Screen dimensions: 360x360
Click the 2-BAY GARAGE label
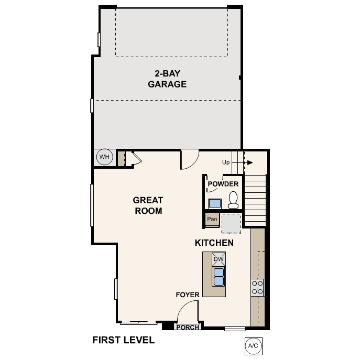click(167, 79)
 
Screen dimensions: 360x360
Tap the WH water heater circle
click(104, 157)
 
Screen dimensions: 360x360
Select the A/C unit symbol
click(253, 346)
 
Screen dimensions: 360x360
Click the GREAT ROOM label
click(148, 205)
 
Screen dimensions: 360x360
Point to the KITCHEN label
click(214, 243)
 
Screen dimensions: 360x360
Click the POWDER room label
click(223, 184)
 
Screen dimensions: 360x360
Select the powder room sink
click(215, 203)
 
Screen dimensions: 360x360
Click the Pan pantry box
click(212, 219)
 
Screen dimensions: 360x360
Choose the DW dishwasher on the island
click(219, 259)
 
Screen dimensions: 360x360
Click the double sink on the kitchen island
click(219, 276)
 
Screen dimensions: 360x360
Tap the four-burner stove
click(257, 287)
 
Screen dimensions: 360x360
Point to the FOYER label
click(187, 295)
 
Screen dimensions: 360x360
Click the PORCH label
click(187, 328)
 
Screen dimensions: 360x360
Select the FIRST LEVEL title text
click(124, 340)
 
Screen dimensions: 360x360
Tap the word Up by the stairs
click(226, 162)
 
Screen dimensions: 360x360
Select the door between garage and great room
click(190, 159)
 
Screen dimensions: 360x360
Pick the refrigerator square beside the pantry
click(231, 223)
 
